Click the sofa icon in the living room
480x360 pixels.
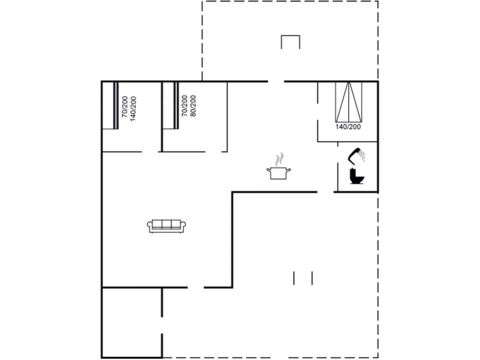click(166, 226)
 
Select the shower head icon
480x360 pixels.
click(356, 156)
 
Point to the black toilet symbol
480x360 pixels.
click(357, 176)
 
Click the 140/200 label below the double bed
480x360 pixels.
click(348, 127)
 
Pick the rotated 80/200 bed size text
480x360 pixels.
click(193, 106)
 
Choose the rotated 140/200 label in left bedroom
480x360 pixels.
click(133, 109)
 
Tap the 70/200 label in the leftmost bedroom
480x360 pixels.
click(124, 107)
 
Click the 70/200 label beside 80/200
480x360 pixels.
click(185, 106)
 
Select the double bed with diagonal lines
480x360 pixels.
click(348, 102)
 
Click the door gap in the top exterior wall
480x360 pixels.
click(276, 81)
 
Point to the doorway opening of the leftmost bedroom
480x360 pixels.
click(150, 151)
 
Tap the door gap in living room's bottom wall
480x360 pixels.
click(196, 287)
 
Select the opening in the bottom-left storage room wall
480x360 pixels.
click(162, 325)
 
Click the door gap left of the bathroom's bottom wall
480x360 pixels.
click(325, 192)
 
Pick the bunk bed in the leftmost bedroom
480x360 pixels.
click(110, 105)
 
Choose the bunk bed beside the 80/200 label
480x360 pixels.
click(171, 105)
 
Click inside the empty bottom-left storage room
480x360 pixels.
click(132, 323)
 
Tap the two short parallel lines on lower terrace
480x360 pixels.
click(303, 278)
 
